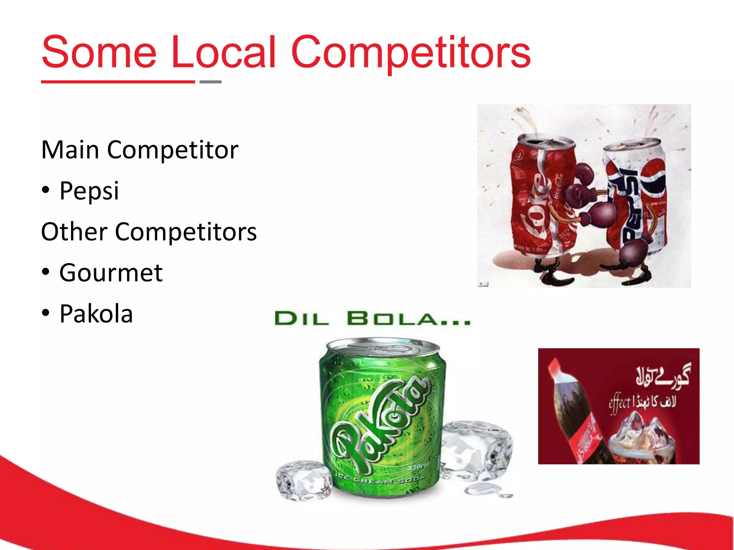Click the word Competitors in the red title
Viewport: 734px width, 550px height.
(411, 53)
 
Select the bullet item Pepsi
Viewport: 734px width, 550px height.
(89, 190)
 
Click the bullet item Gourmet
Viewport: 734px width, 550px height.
(111, 273)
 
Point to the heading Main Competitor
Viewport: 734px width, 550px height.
(140, 150)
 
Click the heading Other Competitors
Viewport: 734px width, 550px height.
(149, 232)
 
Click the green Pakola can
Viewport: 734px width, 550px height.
(382, 419)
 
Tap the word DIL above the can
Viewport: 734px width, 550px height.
(301, 319)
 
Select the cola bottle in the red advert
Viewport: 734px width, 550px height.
(573, 412)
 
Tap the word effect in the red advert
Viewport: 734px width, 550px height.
(619, 404)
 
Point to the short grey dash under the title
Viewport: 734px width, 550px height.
(210, 82)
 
